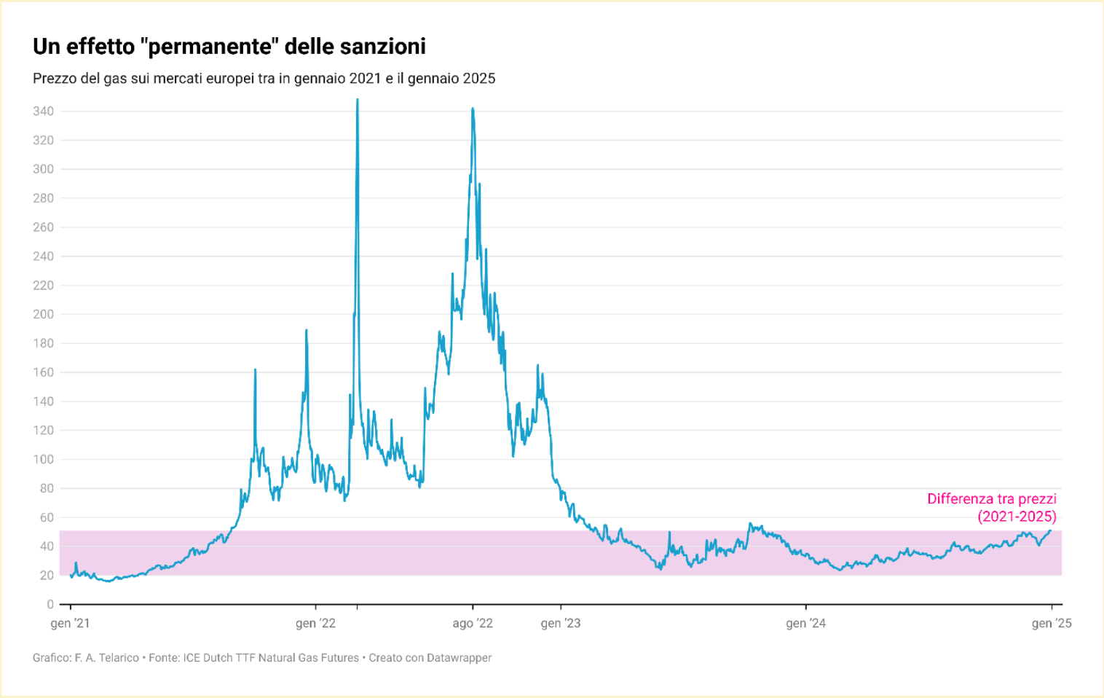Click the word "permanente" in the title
[209, 47]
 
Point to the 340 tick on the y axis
[44, 111]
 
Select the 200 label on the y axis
[44, 314]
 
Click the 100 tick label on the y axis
[44, 459]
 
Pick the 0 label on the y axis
[50, 604]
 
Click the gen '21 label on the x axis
[71, 623]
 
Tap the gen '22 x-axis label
[315, 623]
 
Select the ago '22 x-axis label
[473, 623]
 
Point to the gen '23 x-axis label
[561, 623]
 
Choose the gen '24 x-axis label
[806, 623]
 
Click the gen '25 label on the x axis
[1052, 623]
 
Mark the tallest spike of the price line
[357, 100]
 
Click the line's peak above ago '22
[473, 109]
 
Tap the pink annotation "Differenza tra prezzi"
[991, 499]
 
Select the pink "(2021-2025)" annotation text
[1017, 517]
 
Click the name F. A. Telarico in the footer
[106, 658]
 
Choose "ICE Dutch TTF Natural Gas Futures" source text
[271, 658]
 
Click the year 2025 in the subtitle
[478, 79]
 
